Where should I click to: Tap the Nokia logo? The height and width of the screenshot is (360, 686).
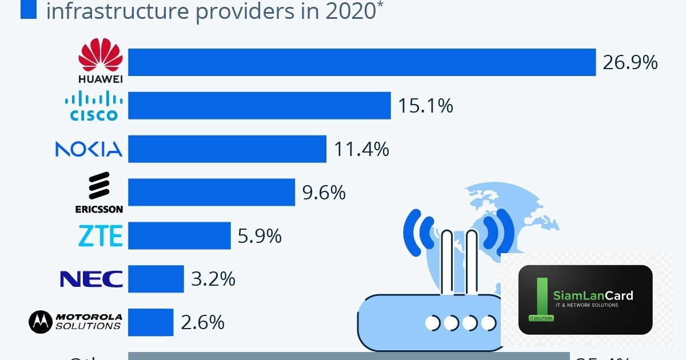coord(89,149)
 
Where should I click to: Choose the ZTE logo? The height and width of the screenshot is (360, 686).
coord(100,235)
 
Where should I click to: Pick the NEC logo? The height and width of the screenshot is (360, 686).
coord(91,279)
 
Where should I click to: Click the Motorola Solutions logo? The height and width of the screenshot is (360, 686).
coord(75,322)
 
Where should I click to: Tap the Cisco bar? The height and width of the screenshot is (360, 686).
coord(259,106)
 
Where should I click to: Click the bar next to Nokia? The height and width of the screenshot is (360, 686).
coord(227,149)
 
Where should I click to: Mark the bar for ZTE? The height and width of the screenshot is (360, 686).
coord(179,235)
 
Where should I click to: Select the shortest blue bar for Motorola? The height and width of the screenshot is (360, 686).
coord(150,322)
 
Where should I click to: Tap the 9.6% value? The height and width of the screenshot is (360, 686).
coord(324,193)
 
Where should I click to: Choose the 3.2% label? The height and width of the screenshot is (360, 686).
coord(213,279)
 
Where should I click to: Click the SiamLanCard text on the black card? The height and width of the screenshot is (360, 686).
coord(593,295)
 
